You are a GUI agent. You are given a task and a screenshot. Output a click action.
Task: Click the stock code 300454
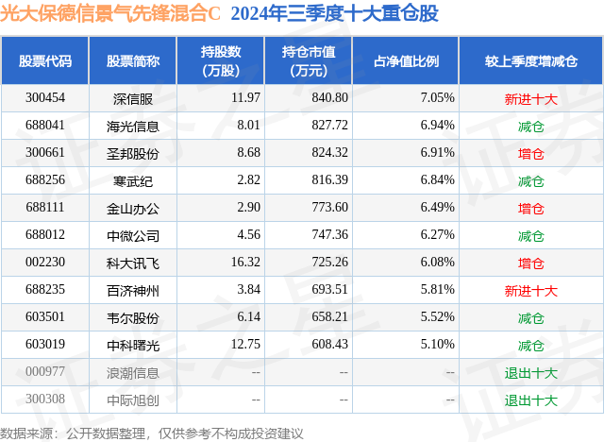point(45,97)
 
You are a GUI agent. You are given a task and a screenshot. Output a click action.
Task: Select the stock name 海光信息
point(133,125)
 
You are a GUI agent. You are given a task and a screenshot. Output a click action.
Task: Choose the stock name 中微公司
point(133,235)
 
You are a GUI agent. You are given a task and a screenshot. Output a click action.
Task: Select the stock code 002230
point(45,263)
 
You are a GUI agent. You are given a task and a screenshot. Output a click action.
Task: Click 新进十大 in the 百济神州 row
point(531,290)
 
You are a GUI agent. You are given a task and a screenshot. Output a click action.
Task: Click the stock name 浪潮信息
point(133,372)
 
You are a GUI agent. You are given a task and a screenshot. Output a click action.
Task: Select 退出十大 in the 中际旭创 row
point(531,399)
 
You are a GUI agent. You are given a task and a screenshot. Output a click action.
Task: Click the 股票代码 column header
point(45,61)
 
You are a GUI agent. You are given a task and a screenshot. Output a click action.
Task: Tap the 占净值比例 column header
point(407,61)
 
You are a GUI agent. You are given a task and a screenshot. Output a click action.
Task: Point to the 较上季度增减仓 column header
point(531,61)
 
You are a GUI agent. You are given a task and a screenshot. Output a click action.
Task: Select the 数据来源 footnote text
point(152,433)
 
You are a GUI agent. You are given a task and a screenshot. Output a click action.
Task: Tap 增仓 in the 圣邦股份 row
point(531,152)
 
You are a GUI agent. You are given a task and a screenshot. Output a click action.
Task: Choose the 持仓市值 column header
point(303,61)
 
